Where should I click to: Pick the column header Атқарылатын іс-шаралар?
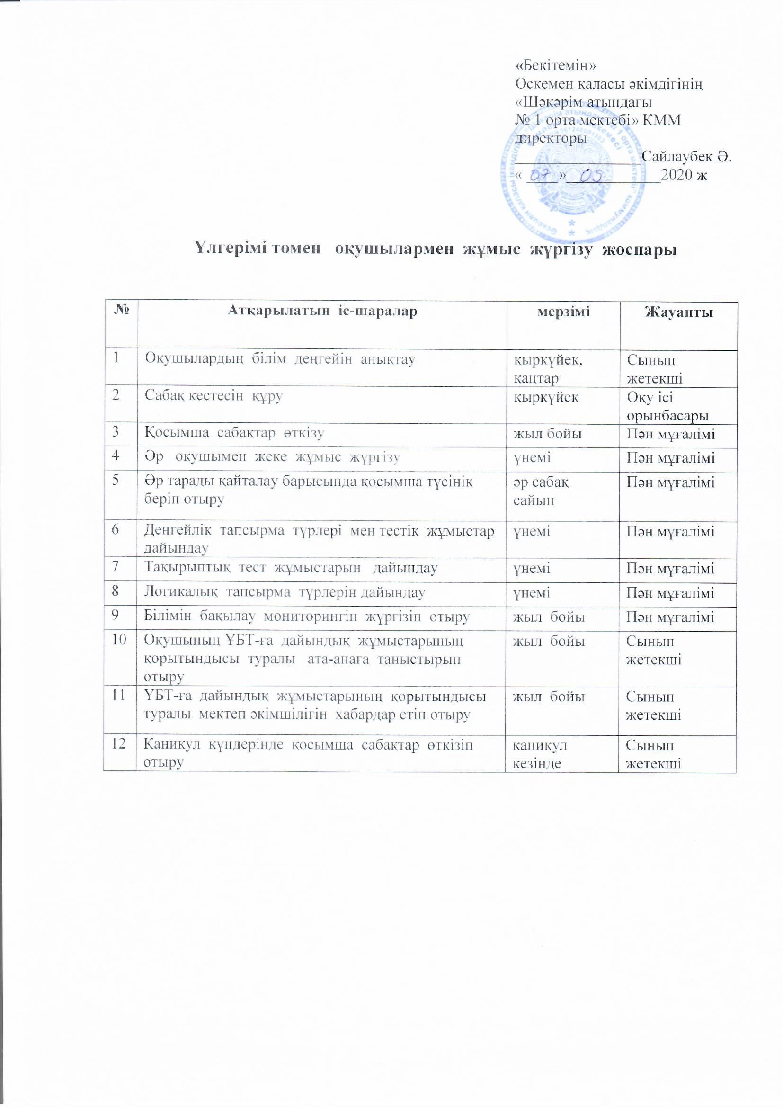(x=321, y=311)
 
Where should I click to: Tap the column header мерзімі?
(x=563, y=311)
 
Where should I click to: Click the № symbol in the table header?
(x=120, y=311)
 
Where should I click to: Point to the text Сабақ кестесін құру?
(x=214, y=397)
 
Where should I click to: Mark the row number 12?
(x=118, y=745)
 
